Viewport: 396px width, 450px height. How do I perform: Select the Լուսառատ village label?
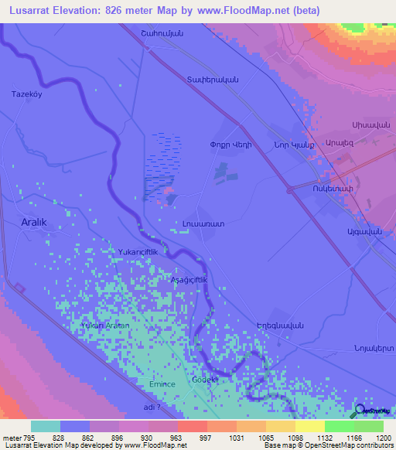click(x=203, y=223)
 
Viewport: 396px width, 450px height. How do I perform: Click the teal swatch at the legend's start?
click(x=46, y=426)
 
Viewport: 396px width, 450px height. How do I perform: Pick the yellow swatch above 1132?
click(x=310, y=426)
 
